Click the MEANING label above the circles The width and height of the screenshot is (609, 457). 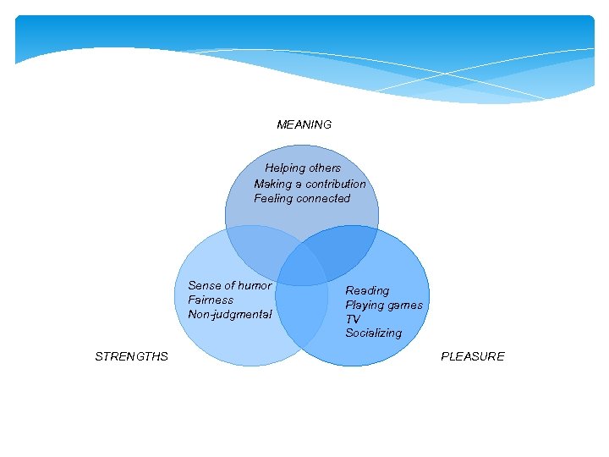[x=304, y=124]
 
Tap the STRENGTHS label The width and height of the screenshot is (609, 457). [x=131, y=356]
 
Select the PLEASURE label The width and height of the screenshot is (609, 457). [x=472, y=356]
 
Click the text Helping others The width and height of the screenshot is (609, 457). [x=303, y=168]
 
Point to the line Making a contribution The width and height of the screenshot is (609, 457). [x=310, y=184]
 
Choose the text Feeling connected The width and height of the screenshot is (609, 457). [x=302, y=199]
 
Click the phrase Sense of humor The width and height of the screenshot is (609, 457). [x=230, y=286]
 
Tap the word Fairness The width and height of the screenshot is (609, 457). [x=211, y=300]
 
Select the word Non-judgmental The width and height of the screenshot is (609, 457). [x=230, y=315]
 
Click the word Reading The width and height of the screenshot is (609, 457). [x=367, y=290]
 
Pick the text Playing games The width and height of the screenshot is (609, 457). [x=384, y=305]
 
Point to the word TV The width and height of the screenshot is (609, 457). [x=353, y=319]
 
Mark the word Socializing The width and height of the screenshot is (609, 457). [x=373, y=333]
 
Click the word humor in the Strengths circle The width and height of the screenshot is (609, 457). [x=255, y=286]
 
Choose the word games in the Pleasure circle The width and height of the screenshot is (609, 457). [x=405, y=305]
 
